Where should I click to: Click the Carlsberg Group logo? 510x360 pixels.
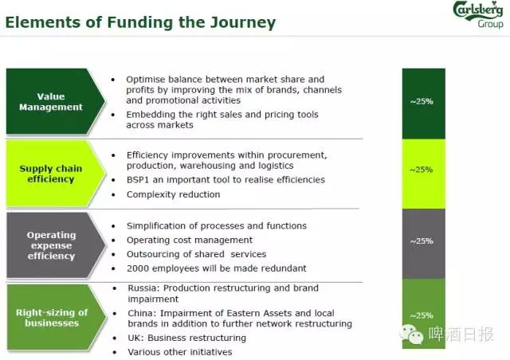click(478, 14)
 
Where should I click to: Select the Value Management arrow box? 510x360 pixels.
click(56, 101)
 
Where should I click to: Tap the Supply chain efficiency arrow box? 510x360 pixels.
click(56, 174)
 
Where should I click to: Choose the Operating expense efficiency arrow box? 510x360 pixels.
click(56, 245)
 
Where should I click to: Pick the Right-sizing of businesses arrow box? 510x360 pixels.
click(56, 318)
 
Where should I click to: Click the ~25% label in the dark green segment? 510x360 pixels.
click(422, 101)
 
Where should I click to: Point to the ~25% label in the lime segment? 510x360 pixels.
click(422, 170)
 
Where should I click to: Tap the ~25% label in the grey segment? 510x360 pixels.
click(422, 241)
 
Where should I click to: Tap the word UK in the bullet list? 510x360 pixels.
click(135, 338)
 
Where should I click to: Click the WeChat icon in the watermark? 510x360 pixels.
click(411, 334)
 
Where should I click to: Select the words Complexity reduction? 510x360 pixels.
click(174, 194)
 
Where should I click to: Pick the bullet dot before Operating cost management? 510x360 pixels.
click(113, 241)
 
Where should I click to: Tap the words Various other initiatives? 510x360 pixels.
click(180, 352)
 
